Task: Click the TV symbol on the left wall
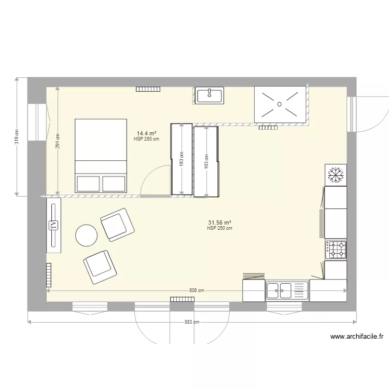[x=53, y=226]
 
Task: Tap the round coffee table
[x=86, y=235]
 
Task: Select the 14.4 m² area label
[x=146, y=133]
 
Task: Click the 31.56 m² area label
[x=219, y=223]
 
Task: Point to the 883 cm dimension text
[x=192, y=322]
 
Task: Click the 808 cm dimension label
[x=197, y=290]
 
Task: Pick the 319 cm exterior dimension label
[x=17, y=137]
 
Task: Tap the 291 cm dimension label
[x=58, y=141]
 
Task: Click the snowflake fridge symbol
[x=336, y=175]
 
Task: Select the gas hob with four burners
[x=336, y=250]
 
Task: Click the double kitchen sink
[x=287, y=290]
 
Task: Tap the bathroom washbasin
[x=210, y=95]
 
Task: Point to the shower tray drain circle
[x=280, y=104]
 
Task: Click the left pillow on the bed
[x=88, y=184]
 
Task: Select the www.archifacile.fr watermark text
[x=357, y=337]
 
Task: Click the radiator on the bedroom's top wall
[x=148, y=89]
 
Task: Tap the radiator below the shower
[x=268, y=128]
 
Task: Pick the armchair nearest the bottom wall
[x=100, y=267]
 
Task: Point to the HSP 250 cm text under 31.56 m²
[x=219, y=228]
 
